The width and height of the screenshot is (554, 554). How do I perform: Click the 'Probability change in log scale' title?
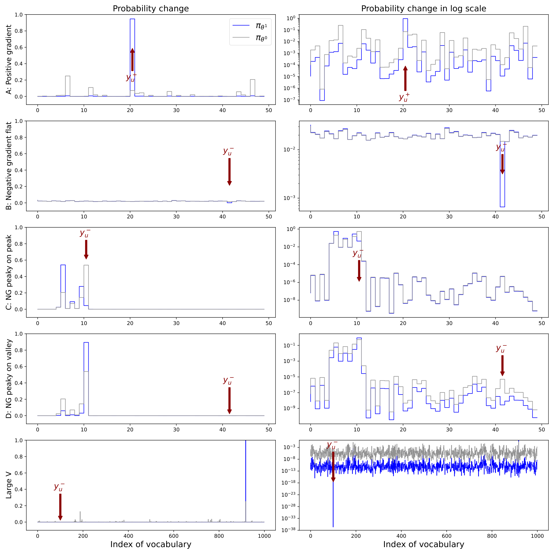click(423, 9)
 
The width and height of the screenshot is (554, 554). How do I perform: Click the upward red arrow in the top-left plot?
click(132, 59)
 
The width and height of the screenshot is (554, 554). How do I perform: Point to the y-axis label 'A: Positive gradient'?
click(9, 59)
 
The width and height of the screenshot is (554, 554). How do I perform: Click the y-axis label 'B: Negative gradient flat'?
click(9, 166)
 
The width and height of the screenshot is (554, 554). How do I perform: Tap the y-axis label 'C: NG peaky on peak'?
click(9, 272)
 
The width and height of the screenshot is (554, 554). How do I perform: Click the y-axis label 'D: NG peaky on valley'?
click(9, 378)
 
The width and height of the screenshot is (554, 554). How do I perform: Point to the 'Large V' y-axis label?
click(9, 485)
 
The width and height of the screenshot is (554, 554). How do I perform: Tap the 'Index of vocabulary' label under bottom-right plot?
click(423, 544)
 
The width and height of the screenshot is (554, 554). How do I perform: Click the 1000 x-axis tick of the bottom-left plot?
click(264, 536)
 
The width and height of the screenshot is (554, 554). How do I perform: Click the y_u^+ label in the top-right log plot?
click(404, 98)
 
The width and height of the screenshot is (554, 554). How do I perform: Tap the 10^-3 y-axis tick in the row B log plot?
click(289, 198)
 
